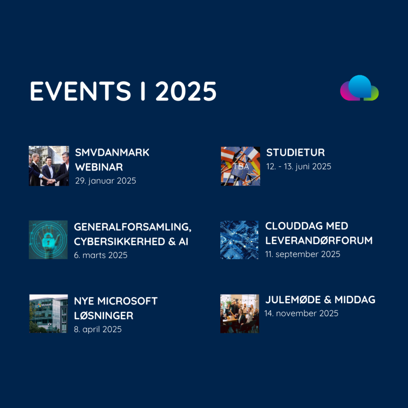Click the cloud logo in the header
pyautogui.click(x=359, y=88)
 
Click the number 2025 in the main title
pyautogui.click(x=186, y=91)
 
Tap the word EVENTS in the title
pyautogui.click(x=80, y=91)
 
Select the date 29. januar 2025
pyautogui.click(x=106, y=180)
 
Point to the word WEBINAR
pyautogui.click(x=99, y=167)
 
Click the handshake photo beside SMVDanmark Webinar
pyautogui.click(x=49, y=166)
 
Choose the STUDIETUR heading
pyautogui.click(x=296, y=153)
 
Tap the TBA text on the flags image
pyautogui.click(x=241, y=166)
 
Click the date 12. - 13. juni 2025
pyautogui.click(x=299, y=167)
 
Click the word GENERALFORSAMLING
pyautogui.click(x=133, y=227)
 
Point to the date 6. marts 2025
pyautogui.click(x=101, y=255)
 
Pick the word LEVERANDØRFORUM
pyautogui.click(x=319, y=240)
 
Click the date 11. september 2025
pyautogui.click(x=303, y=254)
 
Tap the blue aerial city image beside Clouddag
pyautogui.click(x=239, y=239)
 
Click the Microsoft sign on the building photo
pyautogui.click(x=45, y=305)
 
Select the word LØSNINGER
pyautogui.click(x=104, y=316)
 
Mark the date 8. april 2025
pyautogui.click(x=98, y=329)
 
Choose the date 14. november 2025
pyautogui.click(x=301, y=313)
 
